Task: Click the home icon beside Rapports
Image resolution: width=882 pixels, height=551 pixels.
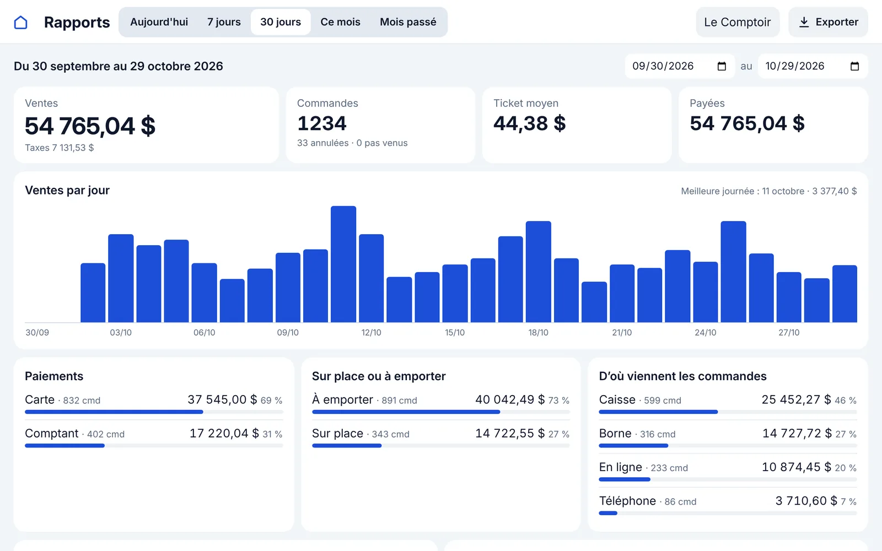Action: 20,23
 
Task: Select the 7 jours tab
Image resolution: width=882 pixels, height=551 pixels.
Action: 224,22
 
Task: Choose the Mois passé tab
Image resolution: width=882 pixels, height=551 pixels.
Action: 408,22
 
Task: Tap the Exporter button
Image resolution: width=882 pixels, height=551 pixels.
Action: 828,22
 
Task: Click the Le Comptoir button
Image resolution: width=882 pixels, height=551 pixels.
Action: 738,22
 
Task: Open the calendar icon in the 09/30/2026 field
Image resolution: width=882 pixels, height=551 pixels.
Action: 722,66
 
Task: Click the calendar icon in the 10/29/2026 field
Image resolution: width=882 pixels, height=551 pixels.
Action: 854,66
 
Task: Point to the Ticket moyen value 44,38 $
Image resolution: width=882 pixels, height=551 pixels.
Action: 530,123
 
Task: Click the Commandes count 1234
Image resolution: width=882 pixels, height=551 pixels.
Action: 322,123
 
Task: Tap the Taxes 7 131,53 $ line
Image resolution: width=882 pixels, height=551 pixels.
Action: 60,148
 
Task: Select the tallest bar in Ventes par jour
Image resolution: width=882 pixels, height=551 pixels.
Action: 343,264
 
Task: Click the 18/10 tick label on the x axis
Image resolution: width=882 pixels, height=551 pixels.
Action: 538,333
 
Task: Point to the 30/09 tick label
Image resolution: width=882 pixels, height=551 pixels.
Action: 37,333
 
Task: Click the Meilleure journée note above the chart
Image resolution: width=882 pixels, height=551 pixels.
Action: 768,191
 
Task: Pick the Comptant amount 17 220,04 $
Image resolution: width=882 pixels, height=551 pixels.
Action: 224,433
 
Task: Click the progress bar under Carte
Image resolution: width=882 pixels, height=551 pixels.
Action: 154,412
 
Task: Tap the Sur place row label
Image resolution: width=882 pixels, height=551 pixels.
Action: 337,433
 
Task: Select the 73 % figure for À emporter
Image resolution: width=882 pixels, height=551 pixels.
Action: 559,400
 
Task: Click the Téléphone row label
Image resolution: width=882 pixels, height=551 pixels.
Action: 627,501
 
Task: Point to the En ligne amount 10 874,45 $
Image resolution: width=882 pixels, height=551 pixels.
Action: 796,467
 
